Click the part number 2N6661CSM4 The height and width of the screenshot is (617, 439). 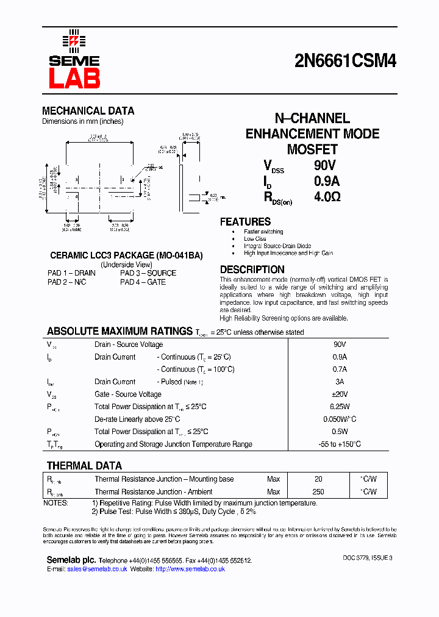point(345,61)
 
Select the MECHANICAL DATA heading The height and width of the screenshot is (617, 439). point(88,111)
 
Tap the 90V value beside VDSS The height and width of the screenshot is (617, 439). point(325,165)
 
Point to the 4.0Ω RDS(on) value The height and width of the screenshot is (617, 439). point(327,197)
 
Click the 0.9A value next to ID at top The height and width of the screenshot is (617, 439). point(327,181)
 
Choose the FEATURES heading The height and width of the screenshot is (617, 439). point(245,222)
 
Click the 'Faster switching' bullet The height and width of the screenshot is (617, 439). point(263,232)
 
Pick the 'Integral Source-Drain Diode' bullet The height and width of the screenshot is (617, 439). point(277,246)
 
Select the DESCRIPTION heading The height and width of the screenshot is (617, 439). point(252,269)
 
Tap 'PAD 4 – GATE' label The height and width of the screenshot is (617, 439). point(143,282)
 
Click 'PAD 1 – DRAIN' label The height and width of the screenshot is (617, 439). point(71,273)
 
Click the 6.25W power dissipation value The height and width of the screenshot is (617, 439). point(340,407)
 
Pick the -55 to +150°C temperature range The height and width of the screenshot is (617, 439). point(340,444)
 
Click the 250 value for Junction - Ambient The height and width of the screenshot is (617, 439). point(318,492)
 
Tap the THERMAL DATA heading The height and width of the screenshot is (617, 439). point(84,466)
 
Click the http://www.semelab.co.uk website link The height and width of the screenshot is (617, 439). point(190,569)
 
